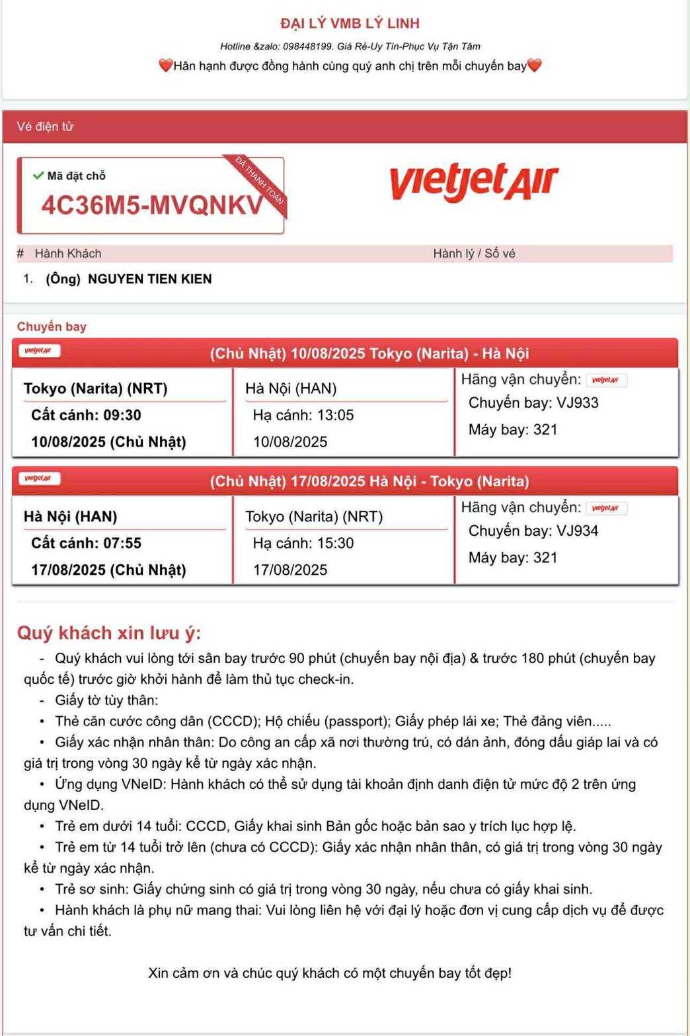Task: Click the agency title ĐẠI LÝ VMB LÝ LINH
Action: coord(350,24)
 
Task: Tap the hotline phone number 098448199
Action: coord(307,46)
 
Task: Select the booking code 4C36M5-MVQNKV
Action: coord(152,205)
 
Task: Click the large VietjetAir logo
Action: coord(474,182)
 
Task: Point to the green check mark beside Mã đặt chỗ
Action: coord(38,176)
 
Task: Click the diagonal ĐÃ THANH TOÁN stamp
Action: coord(260,180)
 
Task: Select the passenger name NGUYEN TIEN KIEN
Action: coord(149,279)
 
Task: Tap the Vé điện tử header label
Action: coord(45,127)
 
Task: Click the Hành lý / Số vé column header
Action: coord(474,254)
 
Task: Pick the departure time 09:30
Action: coord(122,415)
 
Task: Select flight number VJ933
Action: coord(577,403)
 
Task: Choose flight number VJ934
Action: coord(577,531)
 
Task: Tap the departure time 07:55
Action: coord(122,543)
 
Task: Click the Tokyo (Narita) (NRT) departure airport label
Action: coord(95,388)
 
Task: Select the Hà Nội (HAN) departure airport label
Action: coord(70,517)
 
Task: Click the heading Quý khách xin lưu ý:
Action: coord(109,633)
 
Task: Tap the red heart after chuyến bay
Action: coord(535,65)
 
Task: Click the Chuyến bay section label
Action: coord(52,326)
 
